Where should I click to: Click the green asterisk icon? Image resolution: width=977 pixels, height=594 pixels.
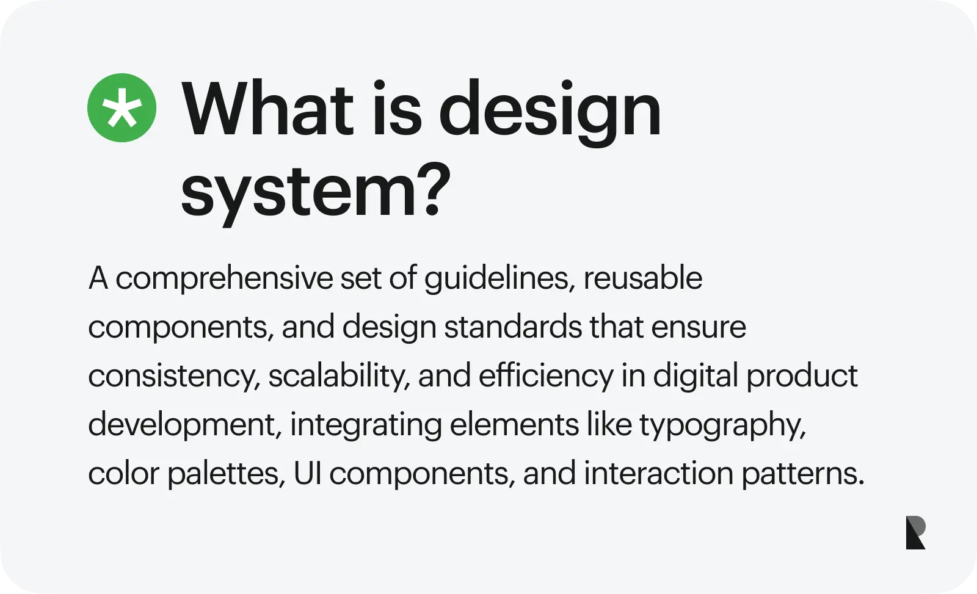pos(122,107)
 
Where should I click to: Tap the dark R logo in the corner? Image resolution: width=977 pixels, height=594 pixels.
pos(915,532)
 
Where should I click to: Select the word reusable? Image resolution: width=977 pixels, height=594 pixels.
pos(643,278)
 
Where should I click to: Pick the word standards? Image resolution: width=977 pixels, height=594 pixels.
pos(513,327)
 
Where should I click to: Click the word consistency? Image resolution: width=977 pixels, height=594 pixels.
pos(175,377)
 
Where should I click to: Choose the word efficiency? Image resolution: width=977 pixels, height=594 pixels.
pos(546,377)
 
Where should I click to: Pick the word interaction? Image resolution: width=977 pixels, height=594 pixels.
pos(659,473)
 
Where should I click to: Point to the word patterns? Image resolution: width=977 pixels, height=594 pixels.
pos(802,474)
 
